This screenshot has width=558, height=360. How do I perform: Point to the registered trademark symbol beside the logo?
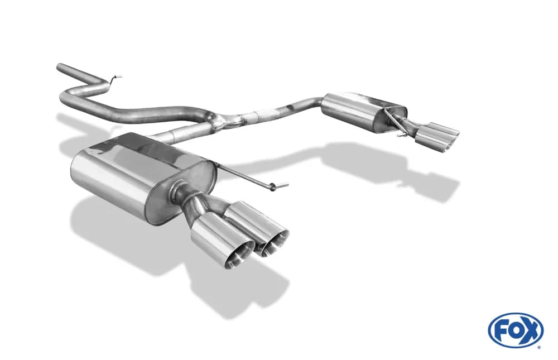point(541,347)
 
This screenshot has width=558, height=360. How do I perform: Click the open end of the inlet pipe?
point(59,67)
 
